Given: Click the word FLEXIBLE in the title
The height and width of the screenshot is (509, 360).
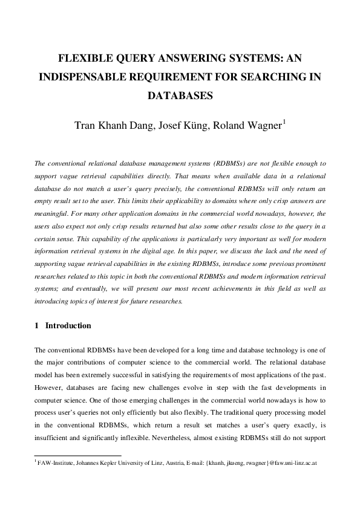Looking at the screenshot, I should [x=83, y=59].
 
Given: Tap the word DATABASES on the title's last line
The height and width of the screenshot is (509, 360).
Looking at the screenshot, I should [x=180, y=96].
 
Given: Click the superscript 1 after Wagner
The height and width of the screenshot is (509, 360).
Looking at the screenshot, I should [x=284, y=122].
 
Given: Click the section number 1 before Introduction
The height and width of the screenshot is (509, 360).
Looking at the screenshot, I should [x=36, y=326].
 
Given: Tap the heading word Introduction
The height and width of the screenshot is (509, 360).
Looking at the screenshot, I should [x=68, y=326].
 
